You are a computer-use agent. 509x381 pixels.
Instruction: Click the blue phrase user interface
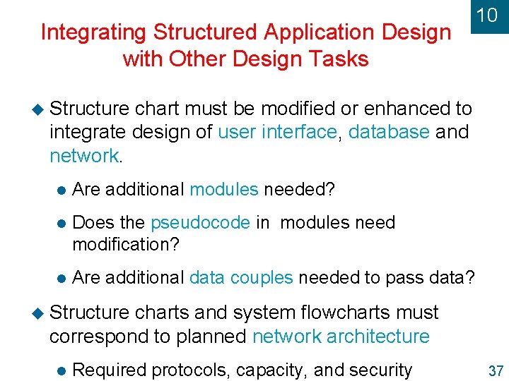(277, 132)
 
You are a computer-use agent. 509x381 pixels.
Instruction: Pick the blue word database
(389, 132)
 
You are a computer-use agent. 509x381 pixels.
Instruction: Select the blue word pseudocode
(200, 223)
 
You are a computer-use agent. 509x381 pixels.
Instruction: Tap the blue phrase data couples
(241, 278)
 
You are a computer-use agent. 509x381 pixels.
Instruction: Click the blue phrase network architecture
(341, 337)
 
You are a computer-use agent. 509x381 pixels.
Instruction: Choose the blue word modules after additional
(224, 190)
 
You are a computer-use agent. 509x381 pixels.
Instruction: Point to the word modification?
(127, 244)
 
